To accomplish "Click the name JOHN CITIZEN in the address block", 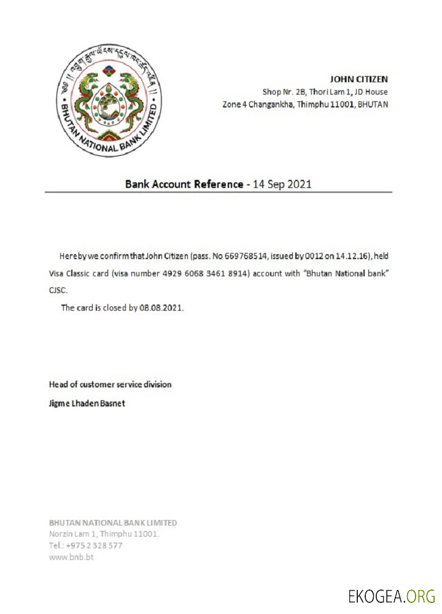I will pos(359,79).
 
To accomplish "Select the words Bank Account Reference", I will pos(184,184).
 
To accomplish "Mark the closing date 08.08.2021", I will pos(161,308).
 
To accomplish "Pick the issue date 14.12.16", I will pos(347,255).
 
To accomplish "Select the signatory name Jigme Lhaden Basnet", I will pos(87,403).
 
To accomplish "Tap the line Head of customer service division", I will pos(110,384).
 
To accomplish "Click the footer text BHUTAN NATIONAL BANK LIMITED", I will pos(113,523).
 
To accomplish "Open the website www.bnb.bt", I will pos(71,557).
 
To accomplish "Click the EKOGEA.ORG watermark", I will pos(391,596).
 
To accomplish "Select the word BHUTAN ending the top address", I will pos(373,104).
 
